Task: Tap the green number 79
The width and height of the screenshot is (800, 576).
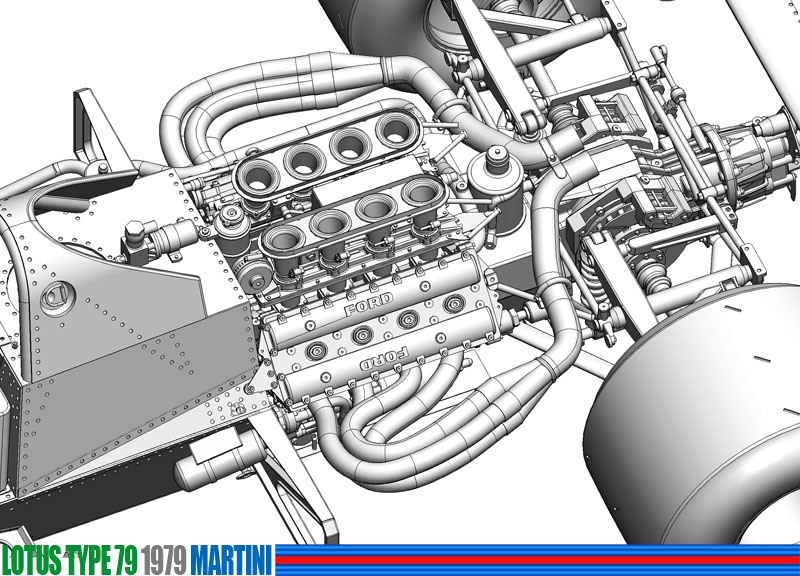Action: (x=126, y=560)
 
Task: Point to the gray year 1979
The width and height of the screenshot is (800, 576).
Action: (x=163, y=560)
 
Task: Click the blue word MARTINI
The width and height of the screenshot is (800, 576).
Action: (x=231, y=560)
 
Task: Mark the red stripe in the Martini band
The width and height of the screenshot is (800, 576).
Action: (x=537, y=560)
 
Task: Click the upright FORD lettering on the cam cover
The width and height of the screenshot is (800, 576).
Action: (x=368, y=303)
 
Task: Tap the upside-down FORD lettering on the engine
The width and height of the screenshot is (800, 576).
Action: (x=385, y=359)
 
